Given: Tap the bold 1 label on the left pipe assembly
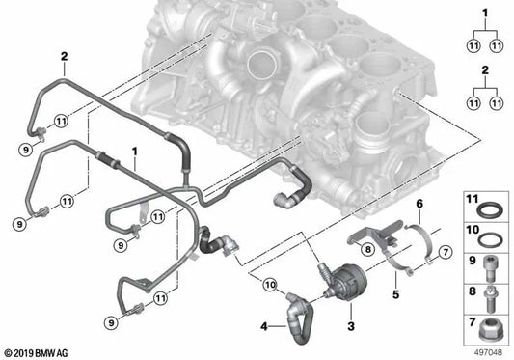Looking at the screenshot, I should [x=135, y=152].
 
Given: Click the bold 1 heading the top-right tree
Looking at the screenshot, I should [x=486, y=11].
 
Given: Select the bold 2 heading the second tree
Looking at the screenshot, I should [x=486, y=70].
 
